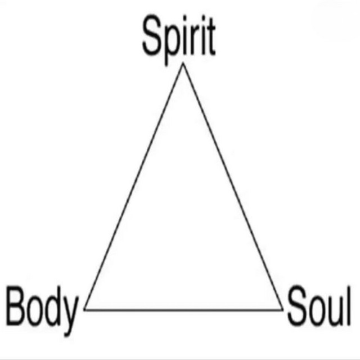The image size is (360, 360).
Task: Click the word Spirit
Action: (x=179, y=39)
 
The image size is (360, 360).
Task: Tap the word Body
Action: (x=42, y=310)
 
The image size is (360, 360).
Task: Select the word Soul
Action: (x=319, y=305)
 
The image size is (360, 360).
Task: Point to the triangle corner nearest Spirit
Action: (x=183, y=63)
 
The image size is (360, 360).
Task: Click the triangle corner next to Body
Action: (x=84, y=310)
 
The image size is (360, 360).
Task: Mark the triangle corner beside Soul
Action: (x=282, y=310)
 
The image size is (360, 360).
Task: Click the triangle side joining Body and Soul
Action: (x=184, y=310)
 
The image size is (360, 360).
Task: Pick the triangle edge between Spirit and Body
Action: (x=134, y=186)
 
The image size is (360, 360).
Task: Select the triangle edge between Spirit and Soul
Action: (x=233, y=186)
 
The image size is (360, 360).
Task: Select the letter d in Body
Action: (x=52, y=306)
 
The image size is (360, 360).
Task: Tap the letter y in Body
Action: (x=70, y=316)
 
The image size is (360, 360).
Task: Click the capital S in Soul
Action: (x=297, y=305)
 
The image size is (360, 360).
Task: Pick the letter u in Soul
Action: (x=334, y=311)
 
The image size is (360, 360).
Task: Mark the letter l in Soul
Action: (x=349, y=305)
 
